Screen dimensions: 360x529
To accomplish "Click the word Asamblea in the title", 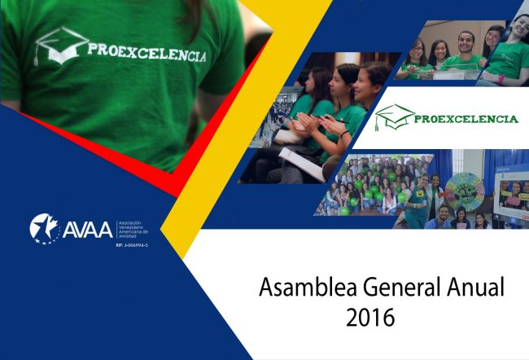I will click(x=298, y=288).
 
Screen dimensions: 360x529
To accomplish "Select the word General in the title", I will click(x=393, y=288).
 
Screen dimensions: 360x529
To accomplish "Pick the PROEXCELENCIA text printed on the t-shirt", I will click(x=146, y=53).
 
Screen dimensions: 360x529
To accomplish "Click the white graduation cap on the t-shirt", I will click(x=62, y=44).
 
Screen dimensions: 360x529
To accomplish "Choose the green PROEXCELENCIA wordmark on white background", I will click(x=465, y=119).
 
